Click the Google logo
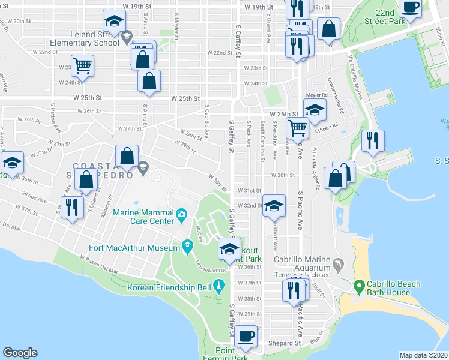click(x=20, y=353)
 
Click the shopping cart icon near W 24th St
click(x=82, y=65)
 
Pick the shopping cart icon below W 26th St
click(x=297, y=127)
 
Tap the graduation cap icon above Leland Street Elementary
click(x=113, y=22)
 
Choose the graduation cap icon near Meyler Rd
click(x=314, y=109)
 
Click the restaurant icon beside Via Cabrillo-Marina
click(x=372, y=141)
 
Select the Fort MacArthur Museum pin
click(x=187, y=245)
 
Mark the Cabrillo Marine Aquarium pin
click(x=340, y=264)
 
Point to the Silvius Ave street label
click(x=36, y=196)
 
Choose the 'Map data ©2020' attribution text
click(x=424, y=355)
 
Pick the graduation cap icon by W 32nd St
click(x=273, y=205)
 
